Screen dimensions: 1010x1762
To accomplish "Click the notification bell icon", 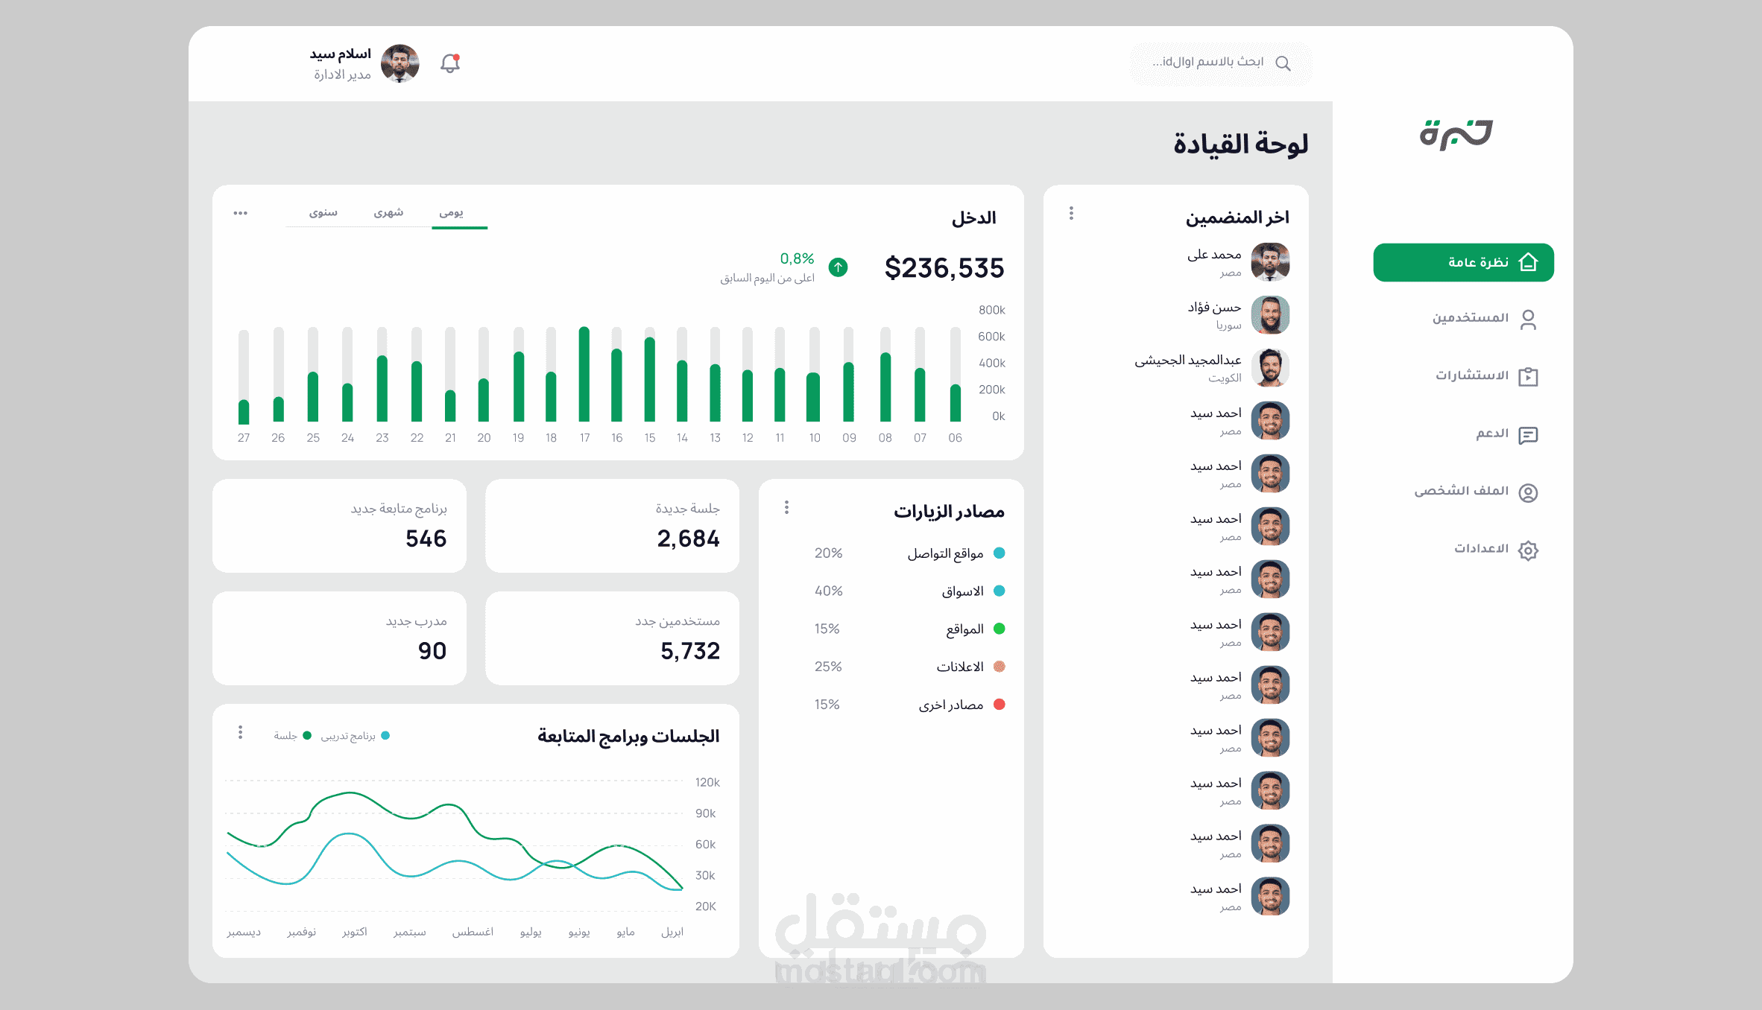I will pyautogui.click(x=450, y=63).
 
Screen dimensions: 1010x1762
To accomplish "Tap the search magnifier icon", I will pyautogui.click(x=1283, y=63).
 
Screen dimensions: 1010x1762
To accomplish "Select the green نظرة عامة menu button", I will pyautogui.click(x=1463, y=262).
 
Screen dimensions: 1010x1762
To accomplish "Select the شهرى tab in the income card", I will pyautogui.click(x=388, y=213).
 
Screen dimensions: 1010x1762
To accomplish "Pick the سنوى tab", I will pyautogui.click(x=323, y=213).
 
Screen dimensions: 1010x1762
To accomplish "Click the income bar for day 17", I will pyautogui.click(x=584, y=374).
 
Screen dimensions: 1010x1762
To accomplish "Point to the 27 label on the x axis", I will pyautogui.click(x=244, y=438).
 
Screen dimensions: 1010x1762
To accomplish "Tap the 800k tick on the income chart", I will pyautogui.click(x=991, y=310).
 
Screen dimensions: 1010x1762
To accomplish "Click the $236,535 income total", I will pyautogui.click(x=944, y=268).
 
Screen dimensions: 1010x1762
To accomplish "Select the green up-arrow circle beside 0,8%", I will pyautogui.click(x=839, y=267).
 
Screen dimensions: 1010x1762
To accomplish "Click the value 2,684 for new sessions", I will pyautogui.click(x=688, y=539).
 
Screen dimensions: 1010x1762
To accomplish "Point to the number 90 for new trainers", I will pyautogui.click(x=432, y=651).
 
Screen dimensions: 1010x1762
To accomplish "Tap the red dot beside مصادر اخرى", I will pyautogui.click(x=1000, y=705).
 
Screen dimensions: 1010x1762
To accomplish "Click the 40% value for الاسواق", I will pyautogui.click(x=828, y=591).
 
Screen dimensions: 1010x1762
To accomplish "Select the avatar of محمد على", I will pyautogui.click(x=1270, y=262).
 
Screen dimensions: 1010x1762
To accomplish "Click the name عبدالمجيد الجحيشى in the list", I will pyautogui.click(x=1188, y=361).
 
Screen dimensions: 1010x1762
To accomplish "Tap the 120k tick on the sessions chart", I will pyautogui.click(x=707, y=782).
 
